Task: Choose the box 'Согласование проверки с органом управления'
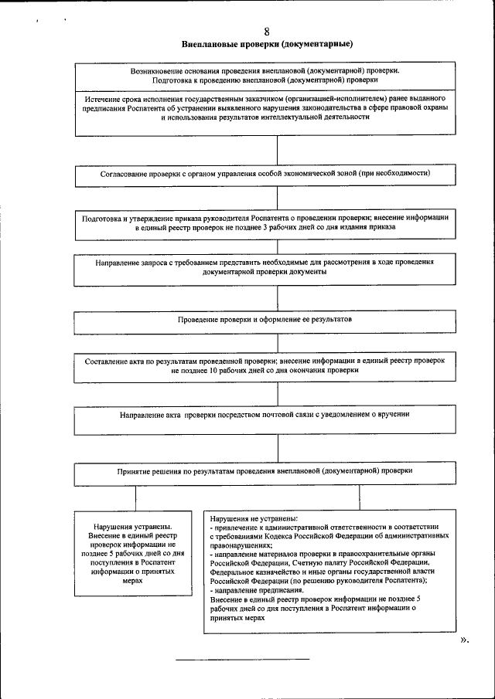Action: click(276, 175)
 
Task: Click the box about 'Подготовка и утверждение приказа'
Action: click(276, 223)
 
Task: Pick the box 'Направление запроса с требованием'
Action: click(276, 267)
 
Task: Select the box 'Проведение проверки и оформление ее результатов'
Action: click(276, 320)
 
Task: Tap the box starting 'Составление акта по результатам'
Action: click(276, 365)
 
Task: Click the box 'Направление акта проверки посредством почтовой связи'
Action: click(276, 415)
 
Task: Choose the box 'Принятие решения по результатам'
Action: click(276, 470)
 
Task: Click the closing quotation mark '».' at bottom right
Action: click(465, 640)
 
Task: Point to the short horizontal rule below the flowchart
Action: click(242, 660)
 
